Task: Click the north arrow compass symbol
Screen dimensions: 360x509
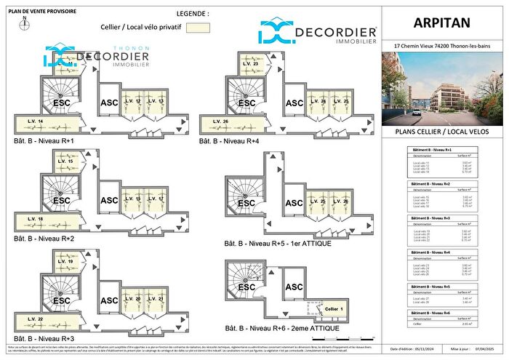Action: point(25,23)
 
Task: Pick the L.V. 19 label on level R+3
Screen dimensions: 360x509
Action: point(65,261)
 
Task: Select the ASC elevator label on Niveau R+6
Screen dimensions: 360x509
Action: point(294,287)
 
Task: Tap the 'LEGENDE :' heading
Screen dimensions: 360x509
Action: point(193,14)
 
